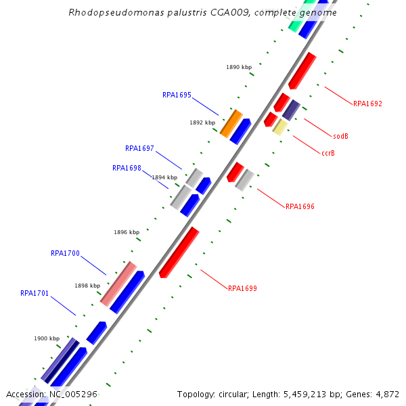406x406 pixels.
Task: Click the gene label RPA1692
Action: pos(367,104)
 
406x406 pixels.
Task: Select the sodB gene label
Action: pos(341,136)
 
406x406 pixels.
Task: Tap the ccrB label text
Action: pos(328,153)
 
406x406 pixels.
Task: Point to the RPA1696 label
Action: pos(300,206)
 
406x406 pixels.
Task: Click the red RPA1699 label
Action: pos(242,288)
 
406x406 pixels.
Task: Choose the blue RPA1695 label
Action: pos(177,95)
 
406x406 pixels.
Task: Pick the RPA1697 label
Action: pos(139,148)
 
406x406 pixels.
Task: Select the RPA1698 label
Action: pos(127,168)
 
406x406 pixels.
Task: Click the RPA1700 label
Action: pos(65,254)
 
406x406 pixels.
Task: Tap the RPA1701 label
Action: pos(35,294)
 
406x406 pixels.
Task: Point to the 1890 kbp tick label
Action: pos(238,67)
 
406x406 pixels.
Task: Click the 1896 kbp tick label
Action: pos(127,232)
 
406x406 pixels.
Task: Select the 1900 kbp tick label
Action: pos(47,338)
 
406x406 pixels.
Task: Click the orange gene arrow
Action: pos(231,122)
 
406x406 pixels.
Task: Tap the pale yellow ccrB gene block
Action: pos(279,127)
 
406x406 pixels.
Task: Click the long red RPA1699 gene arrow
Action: pos(179,252)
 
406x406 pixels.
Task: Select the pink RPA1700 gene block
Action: pos(118,283)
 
